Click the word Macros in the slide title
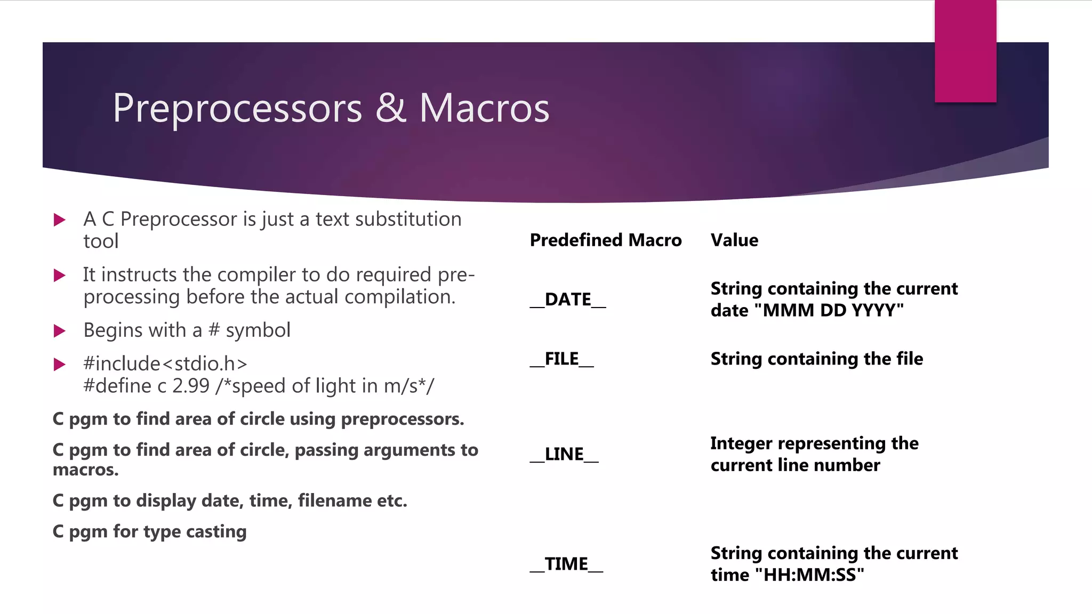tap(484, 108)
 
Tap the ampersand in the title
tap(390, 108)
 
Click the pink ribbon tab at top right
tap(965, 51)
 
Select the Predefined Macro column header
tap(605, 240)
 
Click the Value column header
tap(734, 240)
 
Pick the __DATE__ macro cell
tap(568, 300)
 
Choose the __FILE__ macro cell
tap(561, 359)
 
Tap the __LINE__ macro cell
tap(564, 455)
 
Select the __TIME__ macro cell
tap(566, 564)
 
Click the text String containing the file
tap(816, 359)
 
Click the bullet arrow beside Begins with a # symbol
tap(60, 331)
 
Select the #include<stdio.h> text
tap(165, 364)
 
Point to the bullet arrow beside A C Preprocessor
tap(60, 220)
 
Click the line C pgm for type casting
tap(149, 532)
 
